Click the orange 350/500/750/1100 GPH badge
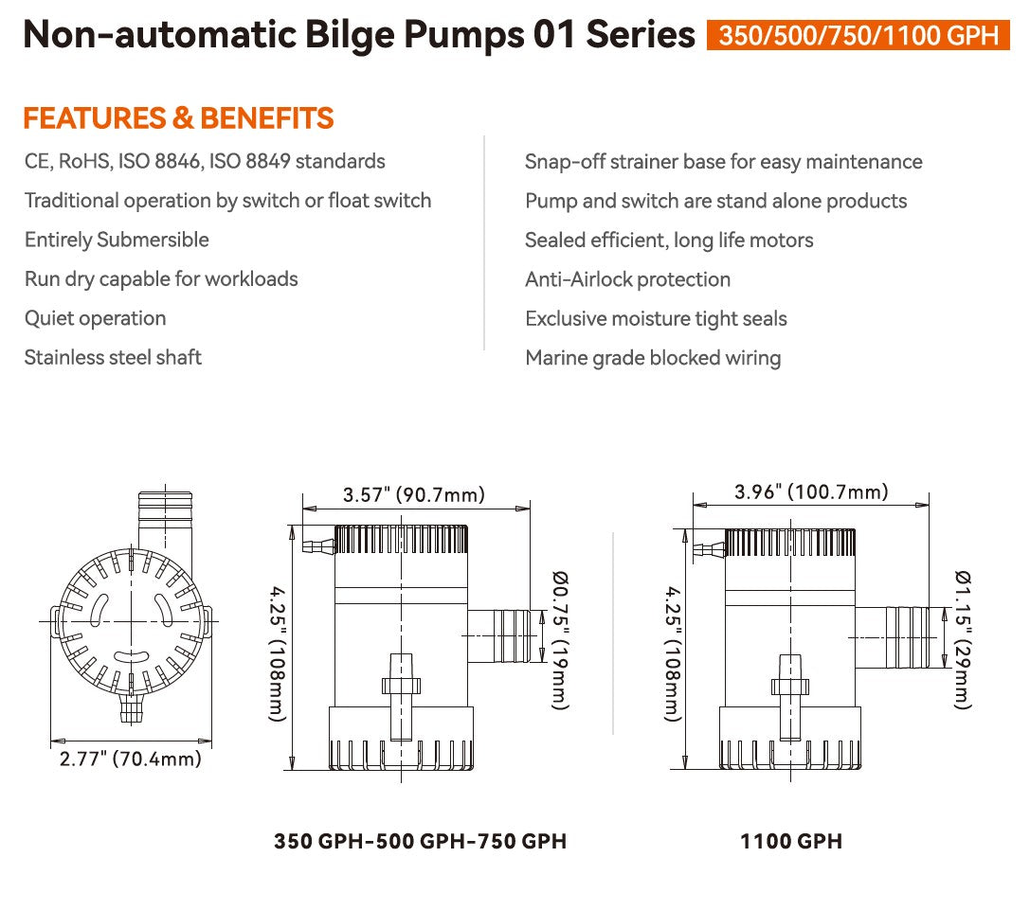click(x=858, y=35)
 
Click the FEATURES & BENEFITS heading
click(x=178, y=118)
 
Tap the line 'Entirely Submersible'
click(x=117, y=240)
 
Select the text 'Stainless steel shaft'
click(x=113, y=357)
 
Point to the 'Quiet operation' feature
click(x=95, y=318)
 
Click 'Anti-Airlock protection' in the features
click(x=627, y=279)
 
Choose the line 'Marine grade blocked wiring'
click(x=653, y=358)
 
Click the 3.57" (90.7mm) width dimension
click(x=414, y=494)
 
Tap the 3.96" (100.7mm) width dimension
click(x=811, y=491)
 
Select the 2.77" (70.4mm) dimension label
click(x=130, y=758)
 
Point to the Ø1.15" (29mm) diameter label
click(x=963, y=639)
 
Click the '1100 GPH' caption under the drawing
click(x=791, y=841)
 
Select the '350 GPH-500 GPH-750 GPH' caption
click(x=420, y=841)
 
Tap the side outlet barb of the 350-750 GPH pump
click(x=499, y=635)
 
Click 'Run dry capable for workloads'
click(x=161, y=279)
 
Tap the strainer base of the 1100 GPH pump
click(x=791, y=743)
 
